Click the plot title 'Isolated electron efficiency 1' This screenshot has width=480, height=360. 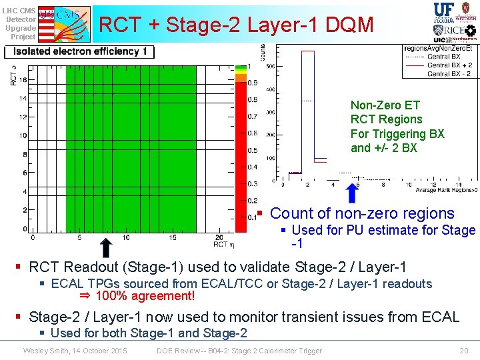[79, 51]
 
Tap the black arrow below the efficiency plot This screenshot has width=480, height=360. [104, 247]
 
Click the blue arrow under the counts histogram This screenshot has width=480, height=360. [352, 193]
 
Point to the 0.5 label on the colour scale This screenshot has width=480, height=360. [253, 150]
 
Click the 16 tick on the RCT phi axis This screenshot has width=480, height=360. [23, 79]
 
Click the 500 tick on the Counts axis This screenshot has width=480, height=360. [270, 66]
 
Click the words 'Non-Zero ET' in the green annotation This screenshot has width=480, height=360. [376, 105]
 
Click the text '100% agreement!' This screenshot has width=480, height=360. [145, 296]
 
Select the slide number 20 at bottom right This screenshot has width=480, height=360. [464, 351]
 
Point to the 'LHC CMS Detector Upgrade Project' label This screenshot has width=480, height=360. [19, 23]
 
